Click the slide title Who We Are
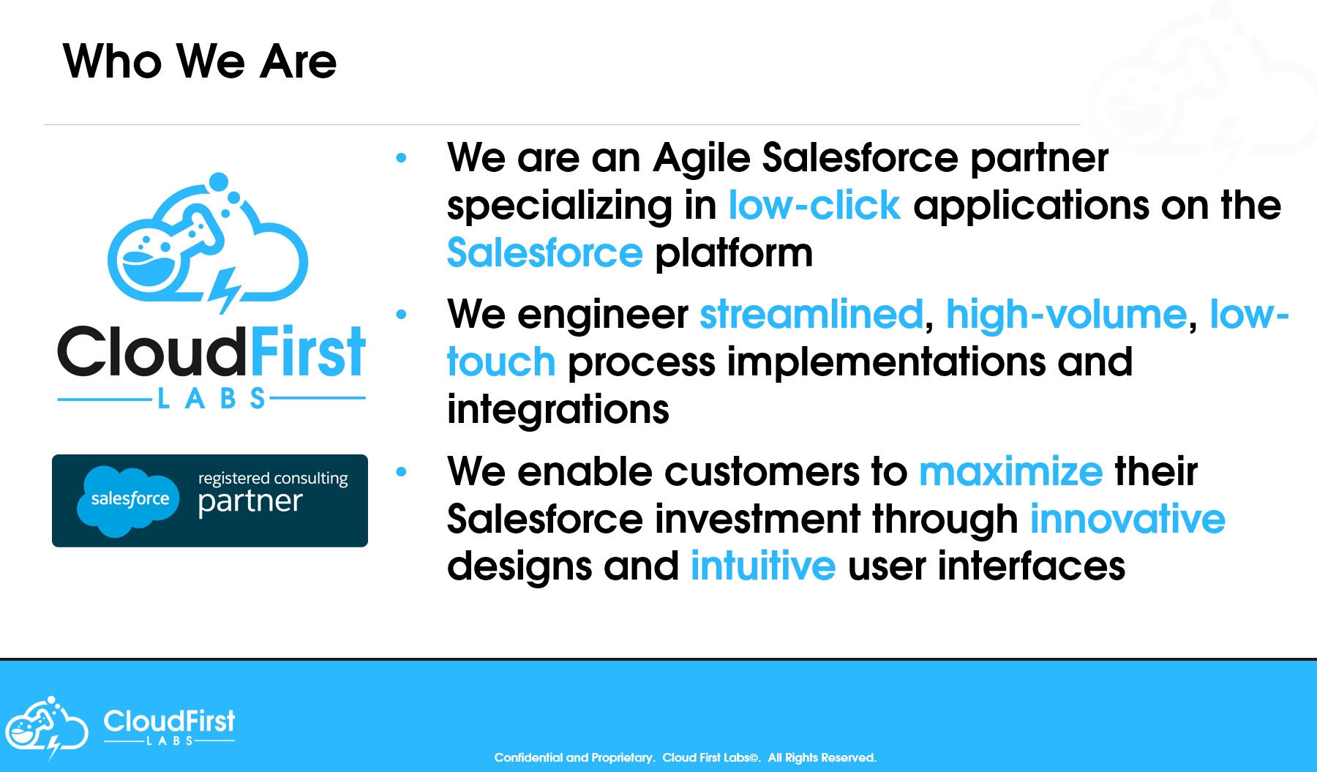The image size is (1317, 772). pyautogui.click(x=200, y=61)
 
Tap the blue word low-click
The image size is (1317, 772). pyautogui.click(x=814, y=206)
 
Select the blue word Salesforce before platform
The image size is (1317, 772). pyautogui.click(x=545, y=252)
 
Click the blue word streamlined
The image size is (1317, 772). pyautogui.click(x=811, y=315)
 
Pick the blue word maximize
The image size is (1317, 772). pyautogui.click(x=1010, y=471)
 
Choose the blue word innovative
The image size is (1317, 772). pyautogui.click(x=1127, y=519)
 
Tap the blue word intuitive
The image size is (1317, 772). pyautogui.click(x=763, y=566)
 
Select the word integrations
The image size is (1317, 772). pyautogui.click(x=558, y=410)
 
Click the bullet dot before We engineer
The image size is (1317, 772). pyautogui.click(x=401, y=315)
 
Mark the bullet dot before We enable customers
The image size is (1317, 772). pyautogui.click(x=401, y=472)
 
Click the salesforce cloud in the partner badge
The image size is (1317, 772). pyautogui.click(x=128, y=501)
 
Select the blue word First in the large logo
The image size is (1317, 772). pyautogui.click(x=307, y=352)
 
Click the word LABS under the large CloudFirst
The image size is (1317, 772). pyautogui.click(x=211, y=399)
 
